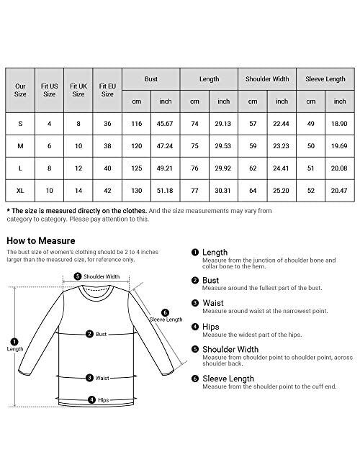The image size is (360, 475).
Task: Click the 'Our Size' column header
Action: tap(20, 89)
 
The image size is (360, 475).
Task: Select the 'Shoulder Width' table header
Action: tap(267, 77)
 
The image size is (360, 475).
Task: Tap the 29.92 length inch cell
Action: tap(224, 168)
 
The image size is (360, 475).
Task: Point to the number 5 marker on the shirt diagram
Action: tap(77, 276)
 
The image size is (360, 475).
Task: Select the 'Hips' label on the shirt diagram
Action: tap(103, 399)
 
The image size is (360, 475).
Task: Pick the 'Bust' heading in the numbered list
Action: tap(211, 279)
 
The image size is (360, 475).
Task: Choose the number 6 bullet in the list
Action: tap(194, 378)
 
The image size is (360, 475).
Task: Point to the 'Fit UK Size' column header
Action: tap(78, 89)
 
